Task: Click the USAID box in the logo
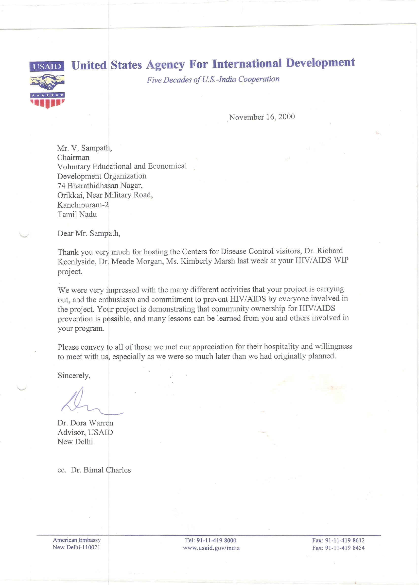[47, 66]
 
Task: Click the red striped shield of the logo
[47, 100]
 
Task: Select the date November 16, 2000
[262, 117]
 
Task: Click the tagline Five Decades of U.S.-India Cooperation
[213, 79]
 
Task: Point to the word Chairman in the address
[73, 158]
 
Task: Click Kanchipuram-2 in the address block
[83, 205]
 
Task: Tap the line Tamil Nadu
[77, 214]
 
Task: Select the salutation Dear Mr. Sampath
[89, 233]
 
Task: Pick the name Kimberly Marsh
[208, 261]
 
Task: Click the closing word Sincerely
[74, 376]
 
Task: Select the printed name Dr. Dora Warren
[85, 423]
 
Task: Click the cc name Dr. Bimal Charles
[101, 470]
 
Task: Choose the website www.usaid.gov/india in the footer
[211, 548]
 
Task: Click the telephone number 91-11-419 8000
[216, 540]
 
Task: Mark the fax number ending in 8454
[345, 548]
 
